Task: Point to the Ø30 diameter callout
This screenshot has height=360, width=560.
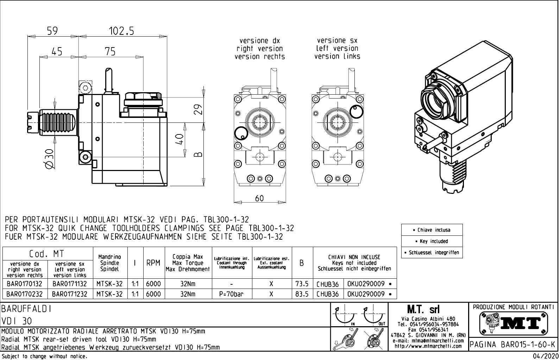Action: [x=49, y=158]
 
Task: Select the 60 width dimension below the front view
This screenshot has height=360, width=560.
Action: [x=259, y=198]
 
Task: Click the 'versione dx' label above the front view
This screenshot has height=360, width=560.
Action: [x=259, y=41]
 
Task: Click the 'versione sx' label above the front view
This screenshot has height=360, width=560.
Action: [x=337, y=41]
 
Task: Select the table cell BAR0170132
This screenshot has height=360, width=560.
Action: [x=24, y=284]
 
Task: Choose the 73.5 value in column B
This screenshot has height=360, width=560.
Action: [x=302, y=284]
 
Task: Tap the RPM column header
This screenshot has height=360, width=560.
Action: [x=153, y=263]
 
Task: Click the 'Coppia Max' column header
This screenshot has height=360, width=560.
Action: [x=188, y=257]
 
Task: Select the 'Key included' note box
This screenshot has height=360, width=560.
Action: [x=432, y=241]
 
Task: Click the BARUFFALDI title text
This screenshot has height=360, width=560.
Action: [x=27, y=309]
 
